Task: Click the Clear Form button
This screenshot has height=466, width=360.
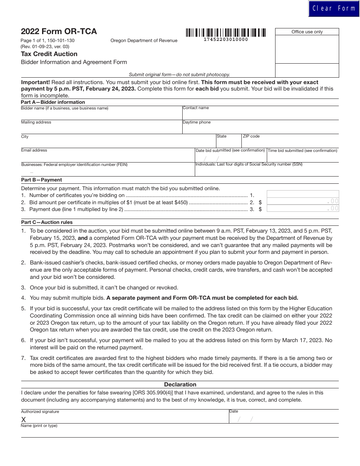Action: pos(334,9)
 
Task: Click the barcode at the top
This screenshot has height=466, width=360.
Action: pos(225,33)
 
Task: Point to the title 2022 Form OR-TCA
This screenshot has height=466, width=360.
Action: pos(59,32)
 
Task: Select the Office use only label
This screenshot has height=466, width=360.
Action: pos(307,32)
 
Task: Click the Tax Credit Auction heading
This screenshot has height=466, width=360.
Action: pos(49,54)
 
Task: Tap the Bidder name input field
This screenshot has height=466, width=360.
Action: pos(101,114)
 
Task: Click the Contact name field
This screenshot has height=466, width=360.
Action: pos(261,114)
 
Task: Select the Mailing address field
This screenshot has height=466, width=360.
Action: pos(101,128)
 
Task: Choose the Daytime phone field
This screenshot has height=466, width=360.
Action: pos(261,129)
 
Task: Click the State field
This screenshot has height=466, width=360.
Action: pos(229,142)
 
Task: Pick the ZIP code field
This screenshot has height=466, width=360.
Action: pos(290,142)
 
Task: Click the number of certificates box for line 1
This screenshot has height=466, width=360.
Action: pos(303,194)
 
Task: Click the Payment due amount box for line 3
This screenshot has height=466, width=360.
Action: pos(303,208)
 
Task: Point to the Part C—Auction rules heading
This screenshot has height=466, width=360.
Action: pos(47,222)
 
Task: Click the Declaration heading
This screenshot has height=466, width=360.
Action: pos(180,384)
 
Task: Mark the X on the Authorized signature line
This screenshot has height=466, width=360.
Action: pos(23,419)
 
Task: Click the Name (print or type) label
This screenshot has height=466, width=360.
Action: pos(39,426)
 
